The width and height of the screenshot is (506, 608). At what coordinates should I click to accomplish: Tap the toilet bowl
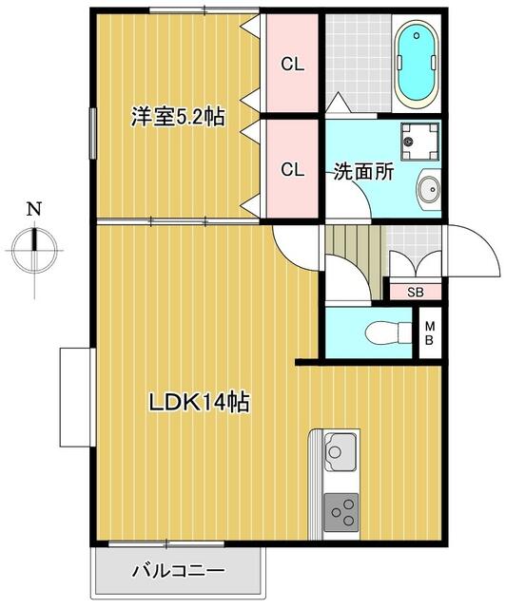[x=384, y=332]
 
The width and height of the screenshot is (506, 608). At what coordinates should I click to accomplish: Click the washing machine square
[x=419, y=141]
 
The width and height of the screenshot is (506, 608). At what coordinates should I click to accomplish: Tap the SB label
[x=415, y=293]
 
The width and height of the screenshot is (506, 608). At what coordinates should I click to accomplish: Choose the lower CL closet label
[x=291, y=170]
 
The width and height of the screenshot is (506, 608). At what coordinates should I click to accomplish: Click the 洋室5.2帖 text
[x=177, y=118]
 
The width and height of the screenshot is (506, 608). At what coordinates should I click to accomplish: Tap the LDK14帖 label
[x=198, y=402]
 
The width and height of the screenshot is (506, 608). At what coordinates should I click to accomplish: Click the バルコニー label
[x=178, y=572]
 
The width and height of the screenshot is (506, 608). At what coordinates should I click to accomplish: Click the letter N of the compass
[x=34, y=208]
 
